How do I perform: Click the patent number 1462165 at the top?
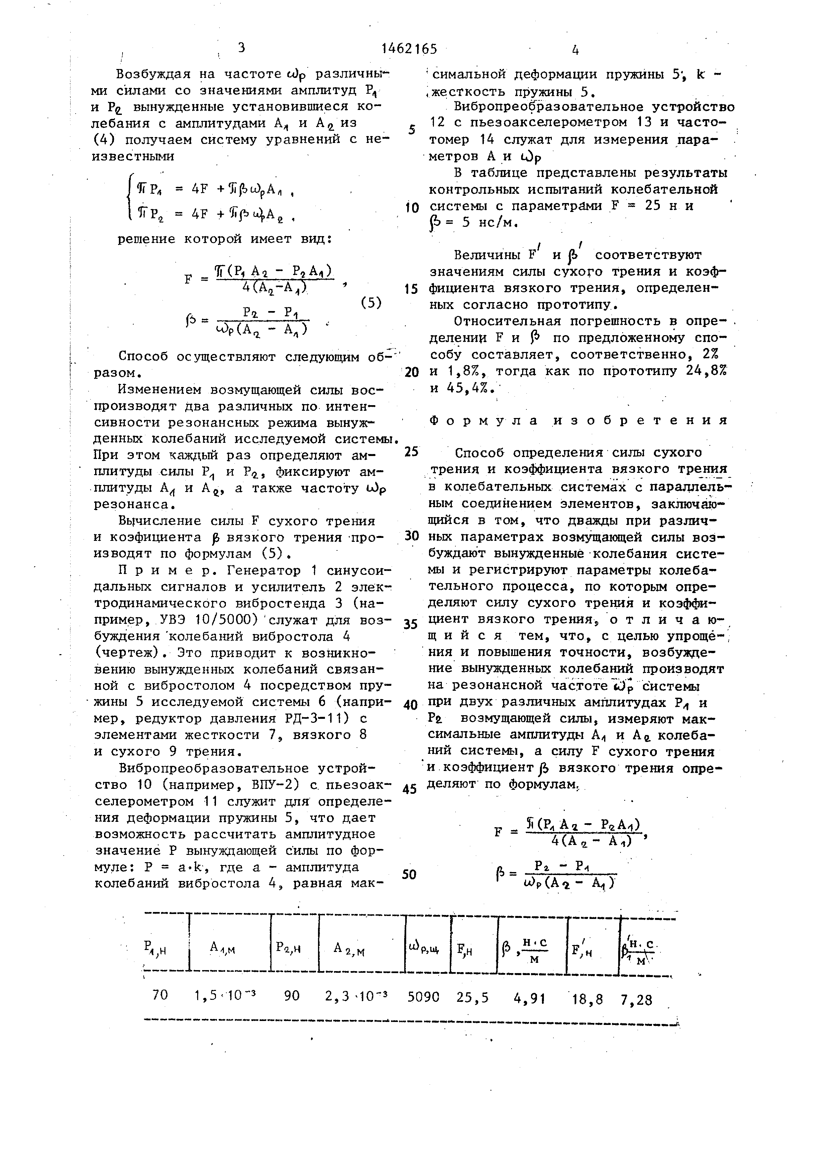pyautogui.click(x=409, y=49)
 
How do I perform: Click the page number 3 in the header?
pyautogui.click(x=241, y=48)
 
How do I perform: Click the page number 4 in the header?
pyautogui.click(x=575, y=50)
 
